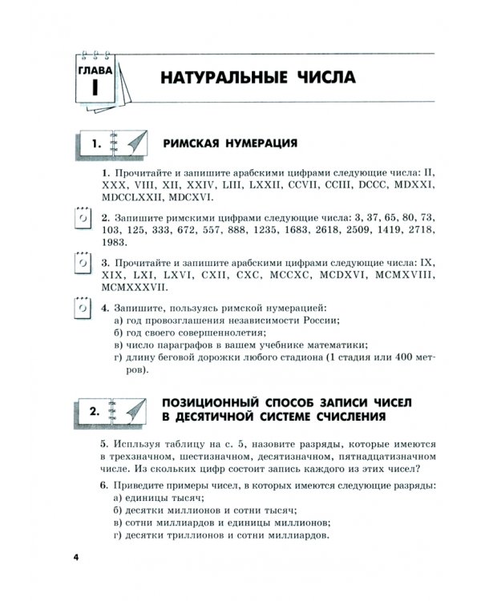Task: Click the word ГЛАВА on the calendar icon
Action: tap(94, 71)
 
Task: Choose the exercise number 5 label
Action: tap(104, 443)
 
